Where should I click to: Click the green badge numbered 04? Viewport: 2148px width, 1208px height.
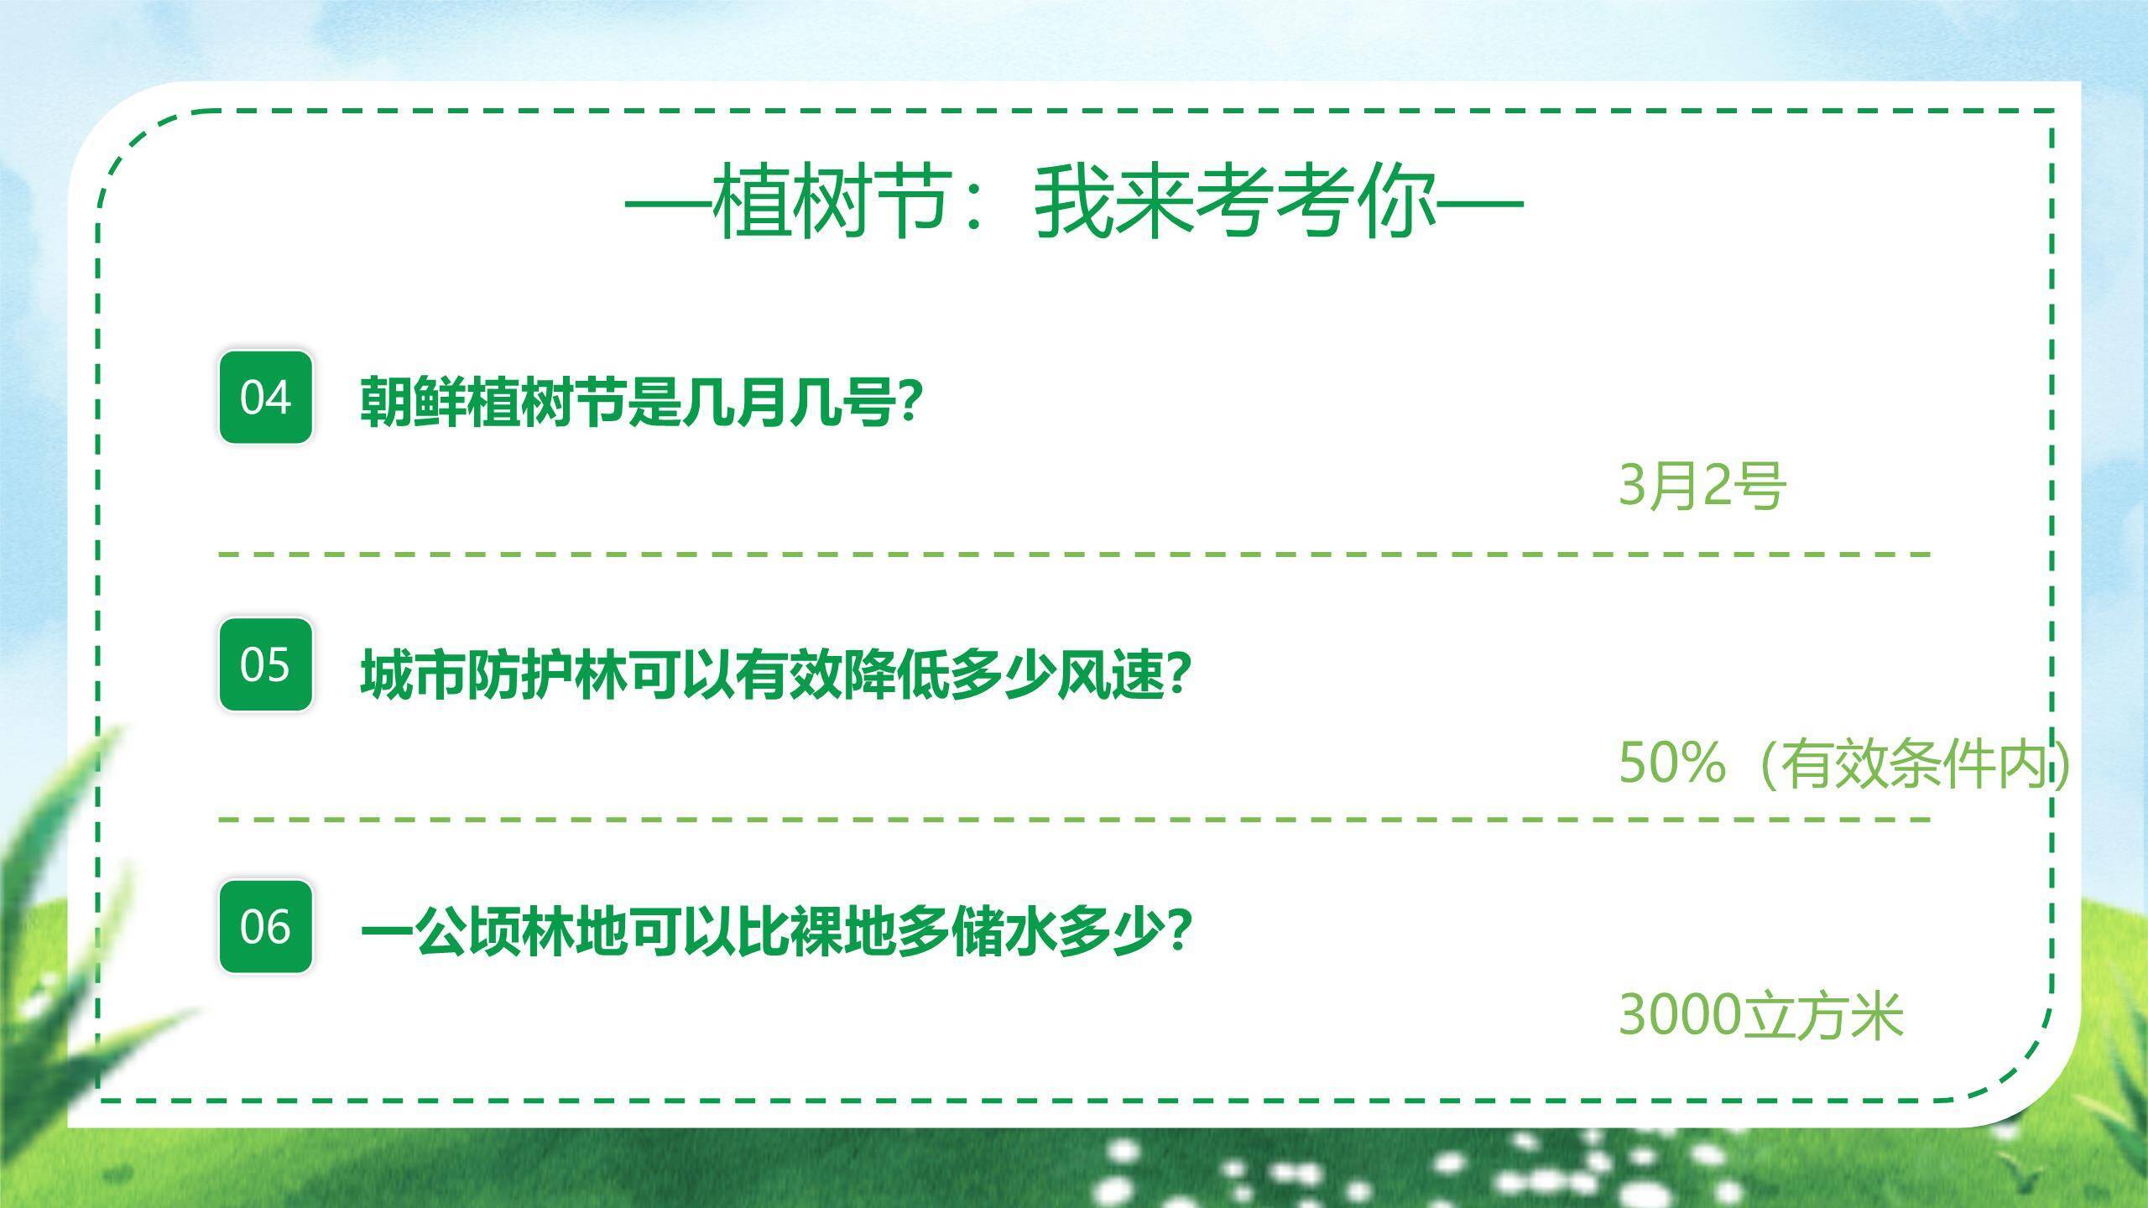[265, 397]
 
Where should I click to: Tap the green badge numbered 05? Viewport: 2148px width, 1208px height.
[265, 664]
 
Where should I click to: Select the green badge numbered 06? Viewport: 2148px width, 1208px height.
[265, 927]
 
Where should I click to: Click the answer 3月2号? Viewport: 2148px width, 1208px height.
[1702, 486]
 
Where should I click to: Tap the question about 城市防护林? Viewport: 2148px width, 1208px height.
[776, 674]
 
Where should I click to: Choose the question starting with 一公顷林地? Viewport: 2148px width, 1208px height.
[776, 932]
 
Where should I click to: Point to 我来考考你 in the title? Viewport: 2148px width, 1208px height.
[1233, 204]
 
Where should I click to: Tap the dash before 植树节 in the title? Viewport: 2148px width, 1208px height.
[667, 204]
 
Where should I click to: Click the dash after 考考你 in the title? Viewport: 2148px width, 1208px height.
[1481, 204]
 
